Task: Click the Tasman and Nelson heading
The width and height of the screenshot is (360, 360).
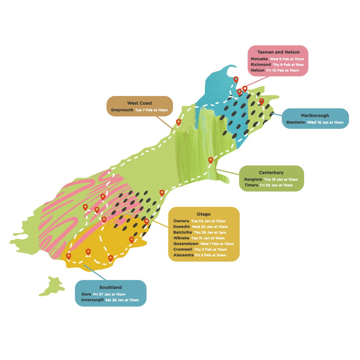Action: pos(278,52)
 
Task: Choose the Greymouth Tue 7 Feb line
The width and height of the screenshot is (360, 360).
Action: pos(140,110)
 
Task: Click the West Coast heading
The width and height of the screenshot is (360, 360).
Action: pos(139,103)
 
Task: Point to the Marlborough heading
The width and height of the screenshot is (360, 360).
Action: pos(315,116)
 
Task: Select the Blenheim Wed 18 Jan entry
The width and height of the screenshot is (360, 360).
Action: pos(315,122)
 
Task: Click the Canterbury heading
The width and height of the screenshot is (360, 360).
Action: pos(271,173)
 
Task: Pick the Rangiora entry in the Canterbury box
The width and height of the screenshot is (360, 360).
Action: pos(271,179)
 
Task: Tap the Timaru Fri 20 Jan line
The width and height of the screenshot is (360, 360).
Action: pos(268,185)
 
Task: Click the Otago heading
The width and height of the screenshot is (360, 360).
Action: pos(204,214)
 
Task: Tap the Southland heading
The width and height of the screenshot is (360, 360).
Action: pos(110,287)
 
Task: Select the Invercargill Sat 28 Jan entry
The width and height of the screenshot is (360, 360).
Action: pos(110,300)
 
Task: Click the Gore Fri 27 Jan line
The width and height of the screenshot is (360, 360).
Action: pos(103,294)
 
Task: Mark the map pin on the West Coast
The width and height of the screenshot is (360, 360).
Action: pos(179,122)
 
